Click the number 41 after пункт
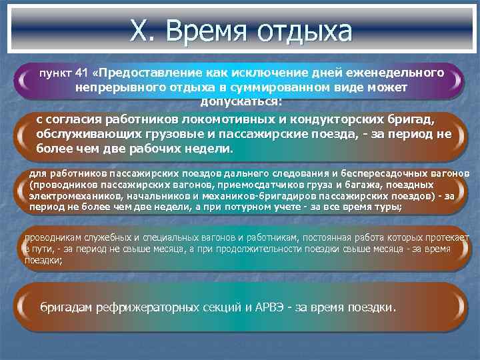pyautogui.click(x=81, y=72)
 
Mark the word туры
pyautogui.click(x=385, y=207)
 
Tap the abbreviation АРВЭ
pyautogui.click(x=269, y=308)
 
